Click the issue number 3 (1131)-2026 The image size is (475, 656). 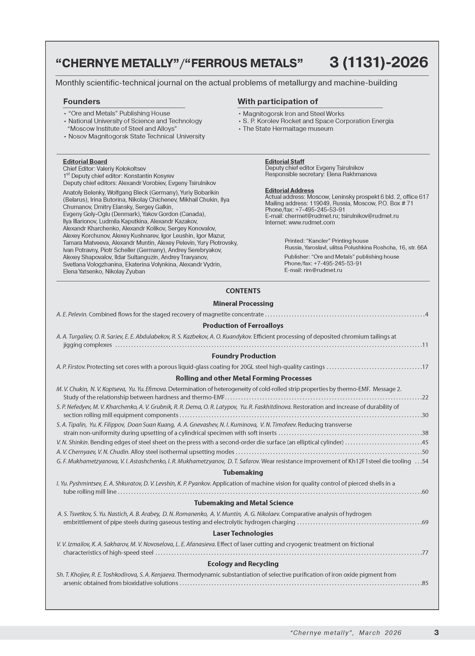[378, 62]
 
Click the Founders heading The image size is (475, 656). [82, 102]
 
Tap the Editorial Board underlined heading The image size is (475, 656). [85, 161]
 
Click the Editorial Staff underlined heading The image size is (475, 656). [285, 161]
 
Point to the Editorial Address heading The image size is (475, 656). [289, 190]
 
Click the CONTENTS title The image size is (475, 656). [243, 291]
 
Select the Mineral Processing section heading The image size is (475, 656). [243, 303]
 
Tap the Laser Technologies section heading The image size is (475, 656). [243, 533]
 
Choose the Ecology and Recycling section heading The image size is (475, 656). [243, 563]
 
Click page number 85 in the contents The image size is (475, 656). [425, 583]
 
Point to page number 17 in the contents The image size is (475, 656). [425, 367]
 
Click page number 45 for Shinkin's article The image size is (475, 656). [425, 442]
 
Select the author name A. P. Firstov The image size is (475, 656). [71, 367]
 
